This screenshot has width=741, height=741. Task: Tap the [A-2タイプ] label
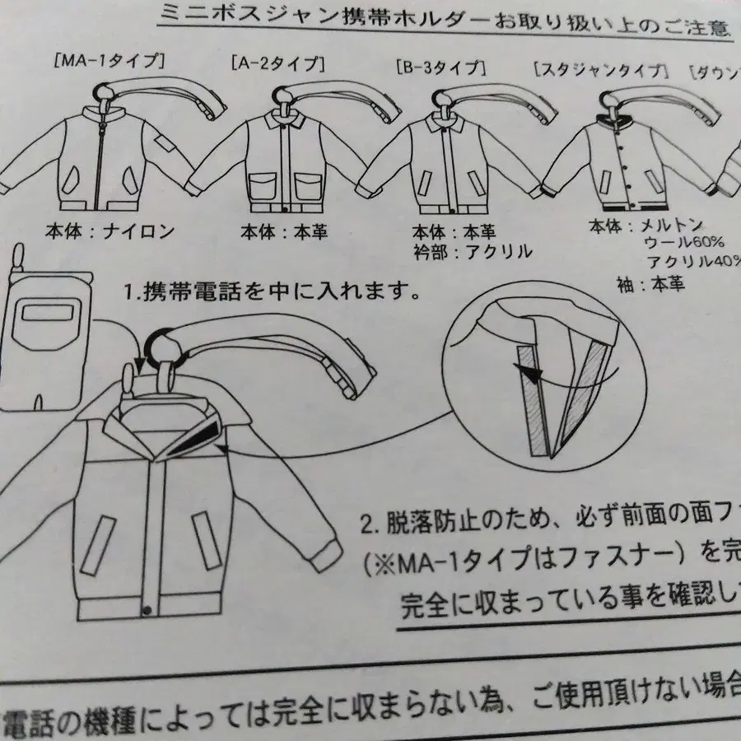(x=278, y=63)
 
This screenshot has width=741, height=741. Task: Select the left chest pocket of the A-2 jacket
(x=263, y=186)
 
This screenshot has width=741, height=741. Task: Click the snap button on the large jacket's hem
(x=147, y=610)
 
